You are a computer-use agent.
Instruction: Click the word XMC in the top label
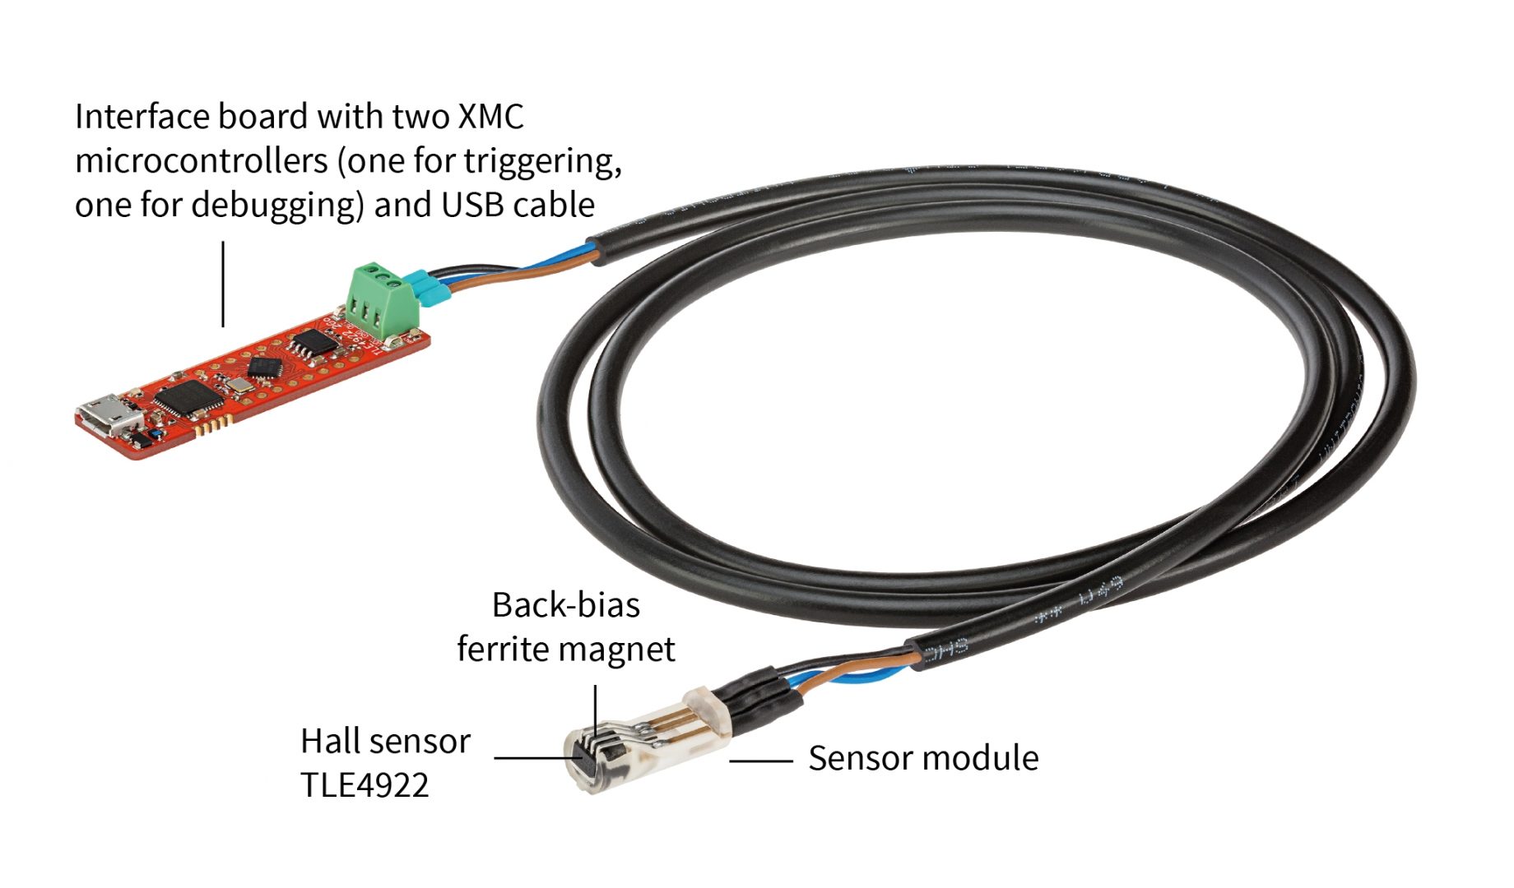pos(490,117)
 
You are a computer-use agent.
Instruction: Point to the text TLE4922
pos(365,785)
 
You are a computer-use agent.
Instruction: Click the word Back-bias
pos(566,605)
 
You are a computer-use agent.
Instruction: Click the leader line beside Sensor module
pos(761,761)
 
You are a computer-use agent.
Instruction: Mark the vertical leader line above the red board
pos(223,284)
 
